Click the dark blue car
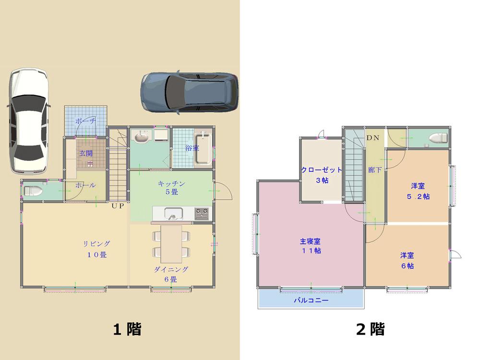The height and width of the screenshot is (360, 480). (x=190, y=92)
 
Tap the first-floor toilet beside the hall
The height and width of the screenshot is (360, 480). (x=33, y=191)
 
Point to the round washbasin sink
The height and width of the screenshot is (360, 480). (x=141, y=138)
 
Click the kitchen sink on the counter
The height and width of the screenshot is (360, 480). (x=171, y=213)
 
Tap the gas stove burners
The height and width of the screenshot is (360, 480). (x=201, y=212)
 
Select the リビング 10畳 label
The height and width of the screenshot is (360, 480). (x=96, y=249)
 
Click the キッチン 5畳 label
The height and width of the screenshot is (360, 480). (x=171, y=188)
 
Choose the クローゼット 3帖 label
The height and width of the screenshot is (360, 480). (x=322, y=175)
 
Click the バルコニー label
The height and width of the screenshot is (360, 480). (x=311, y=300)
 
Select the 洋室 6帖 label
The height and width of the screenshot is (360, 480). (x=407, y=260)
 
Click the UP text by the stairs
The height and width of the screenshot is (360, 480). (x=118, y=206)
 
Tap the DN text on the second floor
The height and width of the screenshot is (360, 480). (x=373, y=138)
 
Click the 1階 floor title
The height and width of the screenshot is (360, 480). (x=127, y=329)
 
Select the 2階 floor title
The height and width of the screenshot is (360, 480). (x=370, y=329)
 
